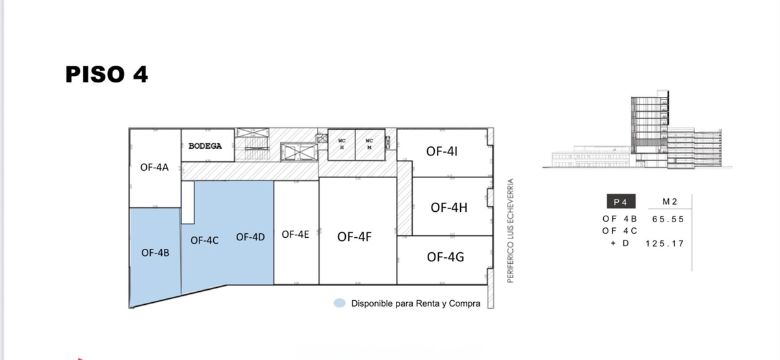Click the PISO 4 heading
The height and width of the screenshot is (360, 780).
click(107, 74)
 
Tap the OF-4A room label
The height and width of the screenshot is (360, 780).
click(154, 168)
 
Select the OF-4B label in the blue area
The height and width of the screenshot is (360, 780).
click(155, 253)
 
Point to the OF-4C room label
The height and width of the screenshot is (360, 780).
click(204, 240)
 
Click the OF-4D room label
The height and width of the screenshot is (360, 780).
click(250, 237)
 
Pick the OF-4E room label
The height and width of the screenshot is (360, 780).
click(295, 235)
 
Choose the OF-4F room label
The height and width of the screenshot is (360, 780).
click(354, 237)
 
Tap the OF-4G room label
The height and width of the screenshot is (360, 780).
click(445, 257)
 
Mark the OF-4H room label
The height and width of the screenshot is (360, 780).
click(449, 207)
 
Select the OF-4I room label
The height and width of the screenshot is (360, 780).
click(441, 151)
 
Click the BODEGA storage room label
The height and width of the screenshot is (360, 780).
click(205, 146)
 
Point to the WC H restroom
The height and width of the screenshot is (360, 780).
click(342, 144)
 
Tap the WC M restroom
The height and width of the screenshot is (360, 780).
click(369, 144)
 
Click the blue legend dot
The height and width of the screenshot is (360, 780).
click(339, 303)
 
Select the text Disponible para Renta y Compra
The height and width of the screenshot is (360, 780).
click(416, 303)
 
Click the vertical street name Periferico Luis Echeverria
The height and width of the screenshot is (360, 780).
click(510, 231)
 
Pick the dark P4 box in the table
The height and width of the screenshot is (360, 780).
click(621, 201)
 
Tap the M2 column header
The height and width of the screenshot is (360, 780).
click(670, 201)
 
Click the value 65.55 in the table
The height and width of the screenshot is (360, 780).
click(668, 220)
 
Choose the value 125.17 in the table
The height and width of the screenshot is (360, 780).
click(665, 244)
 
